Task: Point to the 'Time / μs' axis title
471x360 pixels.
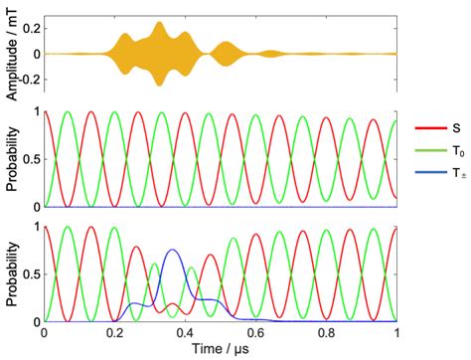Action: [x=221, y=349]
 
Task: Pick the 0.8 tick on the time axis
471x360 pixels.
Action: [x=327, y=332]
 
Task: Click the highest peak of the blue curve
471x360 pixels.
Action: [x=173, y=250]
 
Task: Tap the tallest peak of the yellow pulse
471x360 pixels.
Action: [x=159, y=23]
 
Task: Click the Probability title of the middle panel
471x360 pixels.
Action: [x=9, y=158]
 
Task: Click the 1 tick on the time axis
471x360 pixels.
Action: [x=396, y=332]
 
